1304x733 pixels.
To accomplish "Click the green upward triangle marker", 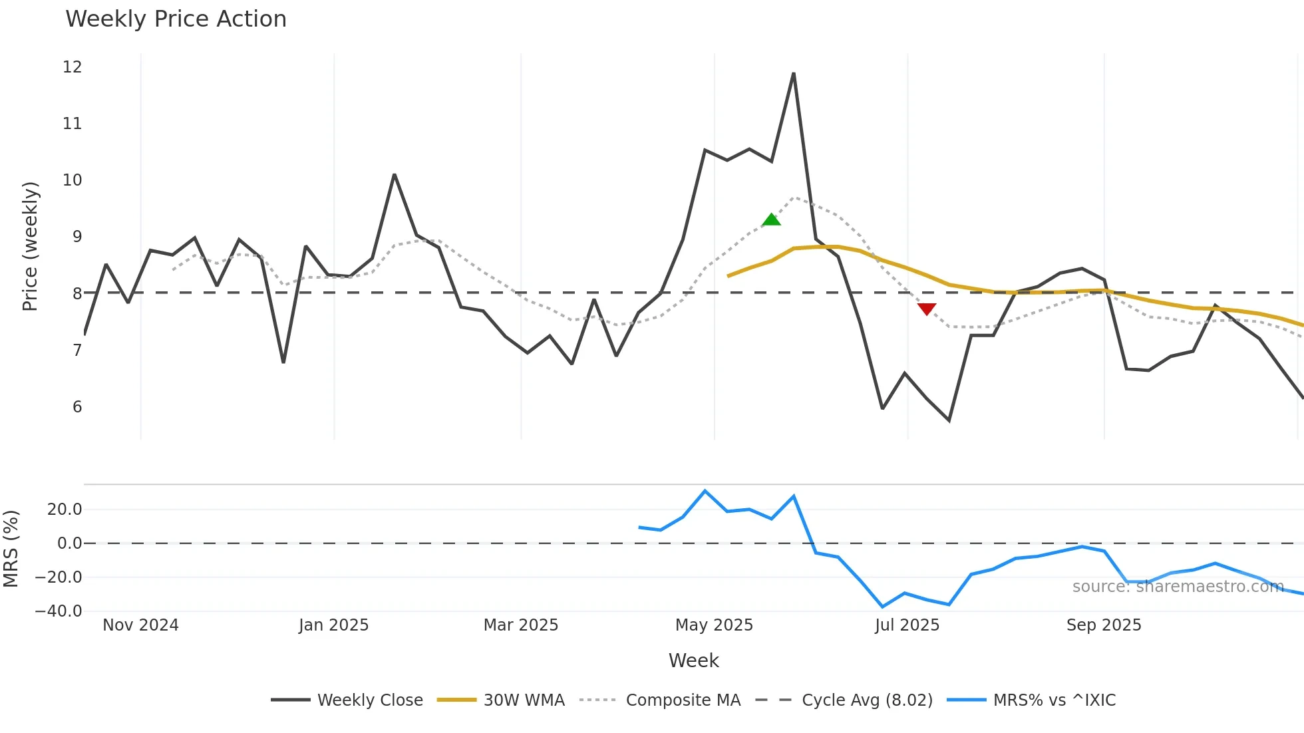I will [x=771, y=220].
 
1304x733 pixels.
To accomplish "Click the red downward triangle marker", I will [x=927, y=309].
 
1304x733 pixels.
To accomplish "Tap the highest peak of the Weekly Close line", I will [x=794, y=74].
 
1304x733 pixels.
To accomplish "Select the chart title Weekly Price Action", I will [x=176, y=19].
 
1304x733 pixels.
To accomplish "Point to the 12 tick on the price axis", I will [x=72, y=67].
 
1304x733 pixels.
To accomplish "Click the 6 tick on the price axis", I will [x=77, y=407].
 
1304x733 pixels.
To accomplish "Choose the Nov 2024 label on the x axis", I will [x=140, y=625].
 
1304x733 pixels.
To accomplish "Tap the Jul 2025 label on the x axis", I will [x=907, y=625].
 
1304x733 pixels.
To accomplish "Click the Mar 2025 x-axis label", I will [x=520, y=625].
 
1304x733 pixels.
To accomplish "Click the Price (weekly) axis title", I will [x=31, y=246].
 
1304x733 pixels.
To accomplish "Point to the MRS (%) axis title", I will [x=11, y=549].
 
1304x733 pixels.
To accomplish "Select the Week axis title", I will [x=693, y=660].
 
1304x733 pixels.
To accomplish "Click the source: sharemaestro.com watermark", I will [x=1178, y=587].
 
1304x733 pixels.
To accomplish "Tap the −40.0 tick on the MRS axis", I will [x=59, y=611].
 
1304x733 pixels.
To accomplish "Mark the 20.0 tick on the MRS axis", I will [x=65, y=510].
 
